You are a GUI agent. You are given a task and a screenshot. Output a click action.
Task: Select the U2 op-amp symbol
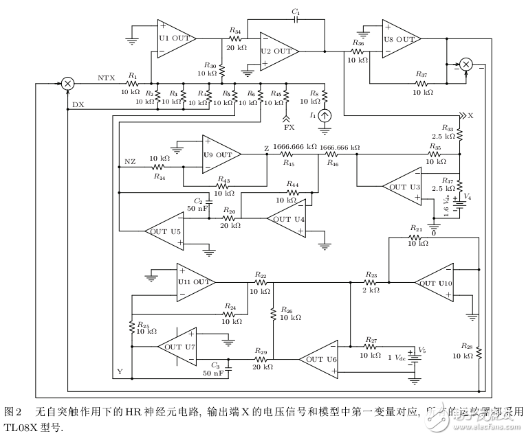(x=277, y=51)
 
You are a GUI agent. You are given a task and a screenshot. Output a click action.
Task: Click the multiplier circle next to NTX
(x=67, y=82)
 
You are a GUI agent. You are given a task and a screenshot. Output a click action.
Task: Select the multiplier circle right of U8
(x=466, y=65)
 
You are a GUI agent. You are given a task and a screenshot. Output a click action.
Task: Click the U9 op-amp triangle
(x=219, y=155)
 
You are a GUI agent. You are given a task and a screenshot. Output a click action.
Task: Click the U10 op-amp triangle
(x=435, y=282)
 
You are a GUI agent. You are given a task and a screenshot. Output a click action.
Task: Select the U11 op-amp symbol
(x=193, y=281)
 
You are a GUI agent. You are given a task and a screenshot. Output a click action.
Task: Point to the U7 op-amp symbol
(x=177, y=347)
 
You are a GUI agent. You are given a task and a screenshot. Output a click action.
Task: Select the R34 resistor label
(x=234, y=31)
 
